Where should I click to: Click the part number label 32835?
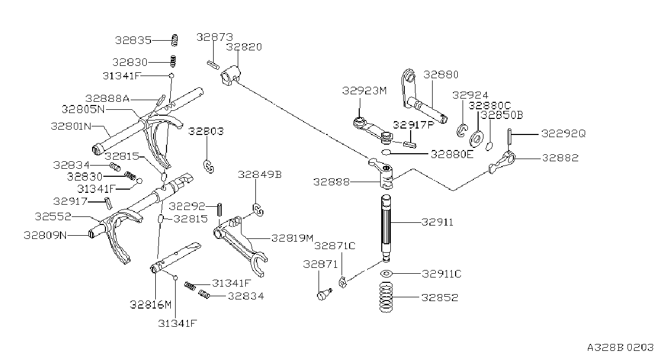(133, 40)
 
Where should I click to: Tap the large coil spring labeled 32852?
(386, 297)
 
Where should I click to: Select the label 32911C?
(442, 274)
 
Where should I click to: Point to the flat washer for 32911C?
(386, 274)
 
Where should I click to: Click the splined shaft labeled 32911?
(386, 228)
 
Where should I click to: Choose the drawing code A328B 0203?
(621, 348)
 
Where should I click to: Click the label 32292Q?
(563, 134)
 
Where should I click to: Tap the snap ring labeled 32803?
(209, 167)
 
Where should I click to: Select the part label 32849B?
(260, 175)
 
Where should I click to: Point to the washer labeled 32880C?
(477, 139)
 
